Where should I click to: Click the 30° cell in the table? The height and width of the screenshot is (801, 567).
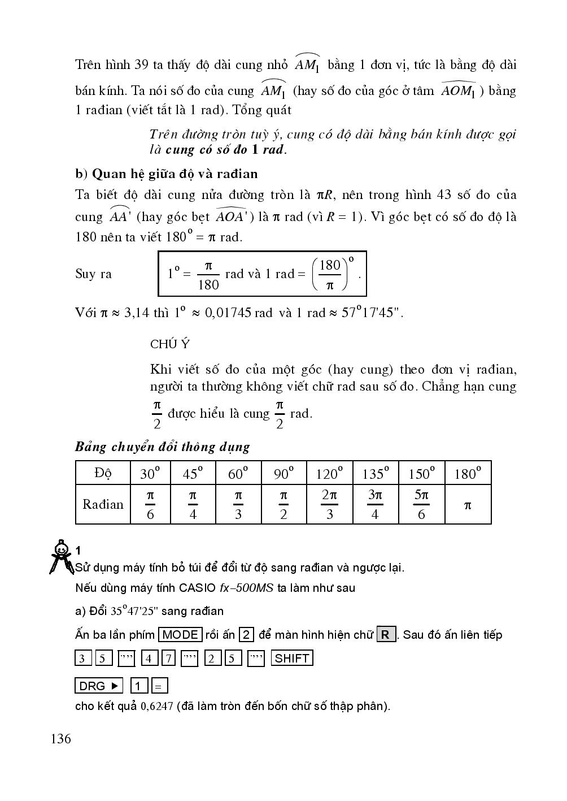tap(150, 473)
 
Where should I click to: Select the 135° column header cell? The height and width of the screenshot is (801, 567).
tap(375, 473)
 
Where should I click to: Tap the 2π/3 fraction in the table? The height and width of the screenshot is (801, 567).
tap(329, 504)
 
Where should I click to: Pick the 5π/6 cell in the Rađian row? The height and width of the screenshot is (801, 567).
tap(421, 504)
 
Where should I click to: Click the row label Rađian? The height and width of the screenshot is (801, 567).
tap(103, 504)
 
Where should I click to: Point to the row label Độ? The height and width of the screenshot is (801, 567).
tap(103, 473)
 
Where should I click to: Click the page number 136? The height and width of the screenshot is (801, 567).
tap(61, 739)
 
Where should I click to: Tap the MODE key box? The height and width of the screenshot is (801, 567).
tap(180, 635)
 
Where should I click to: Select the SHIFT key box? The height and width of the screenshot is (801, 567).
tap(292, 659)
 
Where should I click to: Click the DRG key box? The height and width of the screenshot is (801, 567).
tap(99, 686)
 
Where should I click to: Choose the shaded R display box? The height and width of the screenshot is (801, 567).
tap(386, 635)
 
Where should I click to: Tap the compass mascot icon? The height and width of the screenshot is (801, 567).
tap(60, 557)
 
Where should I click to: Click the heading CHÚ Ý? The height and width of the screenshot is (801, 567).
tap(170, 344)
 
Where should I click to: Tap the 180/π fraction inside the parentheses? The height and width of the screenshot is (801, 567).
tap(330, 275)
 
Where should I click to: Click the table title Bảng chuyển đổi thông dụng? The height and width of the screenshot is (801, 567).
tap(163, 447)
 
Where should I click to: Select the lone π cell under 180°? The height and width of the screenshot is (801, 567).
tap(468, 505)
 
